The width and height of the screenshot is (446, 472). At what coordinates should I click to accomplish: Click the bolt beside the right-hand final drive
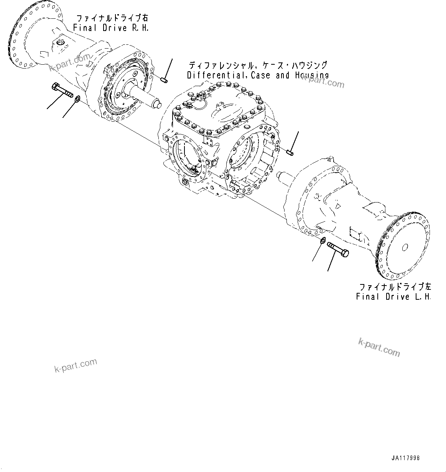[x=61, y=91]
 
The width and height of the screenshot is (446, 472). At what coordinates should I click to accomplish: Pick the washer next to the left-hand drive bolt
[x=323, y=240]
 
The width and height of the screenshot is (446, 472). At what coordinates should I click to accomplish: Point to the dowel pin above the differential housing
[x=164, y=80]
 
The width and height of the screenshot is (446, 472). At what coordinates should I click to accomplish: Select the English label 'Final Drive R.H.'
[x=111, y=28]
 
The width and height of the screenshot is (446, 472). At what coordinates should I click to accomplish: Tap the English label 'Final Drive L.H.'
[x=393, y=297]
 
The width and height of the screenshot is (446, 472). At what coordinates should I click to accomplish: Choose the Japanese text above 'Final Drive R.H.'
[x=112, y=18]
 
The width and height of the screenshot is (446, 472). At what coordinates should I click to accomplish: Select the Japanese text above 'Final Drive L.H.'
[x=395, y=287]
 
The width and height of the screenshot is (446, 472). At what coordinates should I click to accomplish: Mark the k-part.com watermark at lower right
[x=379, y=346]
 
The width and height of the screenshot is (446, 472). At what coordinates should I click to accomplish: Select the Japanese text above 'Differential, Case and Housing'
[x=258, y=65]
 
